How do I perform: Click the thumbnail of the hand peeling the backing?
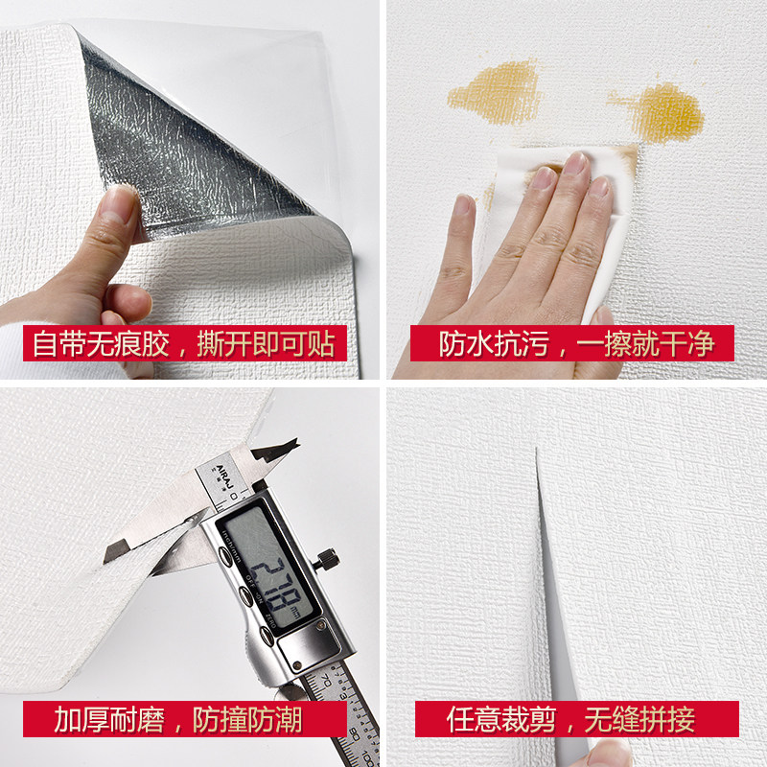(116, 204)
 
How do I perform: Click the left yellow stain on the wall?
(494, 93)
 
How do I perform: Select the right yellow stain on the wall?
(661, 111)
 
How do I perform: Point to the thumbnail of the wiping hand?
(463, 204)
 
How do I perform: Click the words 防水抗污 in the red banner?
(494, 344)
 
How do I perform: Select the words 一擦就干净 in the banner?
(645, 344)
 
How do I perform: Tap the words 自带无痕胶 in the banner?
(101, 344)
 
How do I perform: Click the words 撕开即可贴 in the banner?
(267, 344)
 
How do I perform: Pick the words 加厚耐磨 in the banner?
(109, 720)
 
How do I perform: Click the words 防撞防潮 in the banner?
(247, 720)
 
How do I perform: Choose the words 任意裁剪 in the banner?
(501, 720)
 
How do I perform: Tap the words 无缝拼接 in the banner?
(639, 720)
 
